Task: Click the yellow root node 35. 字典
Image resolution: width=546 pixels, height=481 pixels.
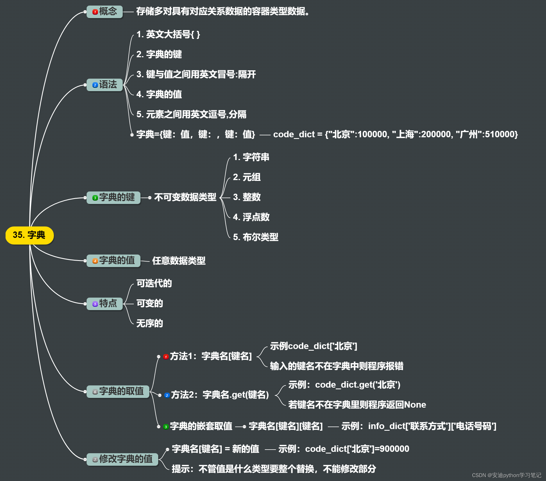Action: (29, 235)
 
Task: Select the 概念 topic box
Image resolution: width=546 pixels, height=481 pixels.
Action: (105, 12)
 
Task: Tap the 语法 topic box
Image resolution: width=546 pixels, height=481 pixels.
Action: (105, 85)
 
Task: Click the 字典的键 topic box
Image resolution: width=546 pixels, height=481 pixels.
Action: (114, 198)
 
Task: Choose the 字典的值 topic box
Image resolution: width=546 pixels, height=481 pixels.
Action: (114, 261)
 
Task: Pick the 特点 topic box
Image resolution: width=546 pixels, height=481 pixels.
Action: (105, 303)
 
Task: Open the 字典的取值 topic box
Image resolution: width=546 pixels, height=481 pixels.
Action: (118, 391)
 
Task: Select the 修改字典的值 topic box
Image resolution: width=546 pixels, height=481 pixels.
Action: (122, 459)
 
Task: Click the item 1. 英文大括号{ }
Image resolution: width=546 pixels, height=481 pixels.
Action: (168, 34)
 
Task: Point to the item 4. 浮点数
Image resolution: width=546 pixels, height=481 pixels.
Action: (251, 217)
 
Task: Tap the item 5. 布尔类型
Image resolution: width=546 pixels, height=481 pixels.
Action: (256, 237)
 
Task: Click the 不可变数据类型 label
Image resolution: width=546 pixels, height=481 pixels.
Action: (185, 197)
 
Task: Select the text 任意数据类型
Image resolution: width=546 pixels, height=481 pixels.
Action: (179, 261)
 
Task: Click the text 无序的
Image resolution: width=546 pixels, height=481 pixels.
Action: (150, 323)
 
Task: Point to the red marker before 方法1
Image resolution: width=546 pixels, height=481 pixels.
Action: (166, 357)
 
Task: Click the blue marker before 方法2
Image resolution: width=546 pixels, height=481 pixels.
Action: (167, 395)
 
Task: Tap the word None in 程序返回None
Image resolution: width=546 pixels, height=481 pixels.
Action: (415, 405)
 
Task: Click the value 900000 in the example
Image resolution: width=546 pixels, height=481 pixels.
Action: (394, 449)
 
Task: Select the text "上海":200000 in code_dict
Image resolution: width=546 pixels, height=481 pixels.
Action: (422, 134)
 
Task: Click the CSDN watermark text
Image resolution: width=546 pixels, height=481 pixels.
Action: (507, 475)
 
